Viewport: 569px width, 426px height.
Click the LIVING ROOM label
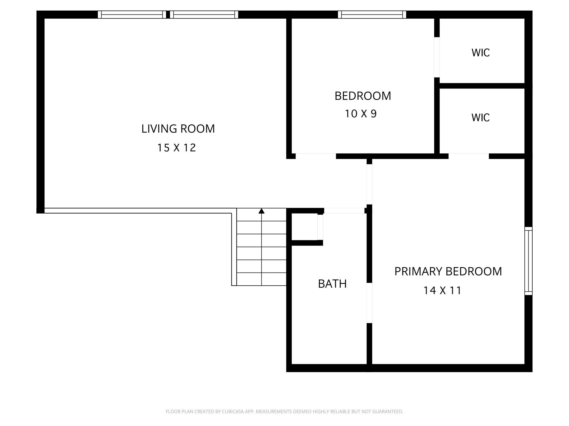(x=178, y=129)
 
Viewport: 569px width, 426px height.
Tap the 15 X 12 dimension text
(x=176, y=148)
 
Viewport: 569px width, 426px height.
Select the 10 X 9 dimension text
(x=361, y=114)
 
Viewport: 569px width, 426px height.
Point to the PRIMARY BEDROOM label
(x=448, y=271)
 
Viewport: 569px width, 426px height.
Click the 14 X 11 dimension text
(x=442, y=290)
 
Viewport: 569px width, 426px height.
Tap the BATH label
(x=332, y=284)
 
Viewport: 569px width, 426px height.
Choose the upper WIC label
(x=481, y=53)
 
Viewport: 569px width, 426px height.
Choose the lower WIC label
(x=481, y=118)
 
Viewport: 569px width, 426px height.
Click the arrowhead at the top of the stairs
(x=262, y=211)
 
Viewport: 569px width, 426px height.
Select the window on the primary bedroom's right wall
(x=529, y=261)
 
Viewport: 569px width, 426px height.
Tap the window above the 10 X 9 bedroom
(x=372, y=14)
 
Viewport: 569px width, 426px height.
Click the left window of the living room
(x=132, y=14)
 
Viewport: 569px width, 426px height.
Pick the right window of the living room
(x=204, y=14)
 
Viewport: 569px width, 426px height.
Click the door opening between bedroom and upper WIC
(x=437, y=57)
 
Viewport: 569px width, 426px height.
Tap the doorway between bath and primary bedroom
(x=369, y=303)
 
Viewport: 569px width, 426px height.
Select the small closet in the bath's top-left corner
(x=304, y=227)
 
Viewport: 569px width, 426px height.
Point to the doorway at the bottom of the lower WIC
(x=469, y=156)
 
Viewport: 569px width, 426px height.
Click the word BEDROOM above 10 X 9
(x=363, y=96)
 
